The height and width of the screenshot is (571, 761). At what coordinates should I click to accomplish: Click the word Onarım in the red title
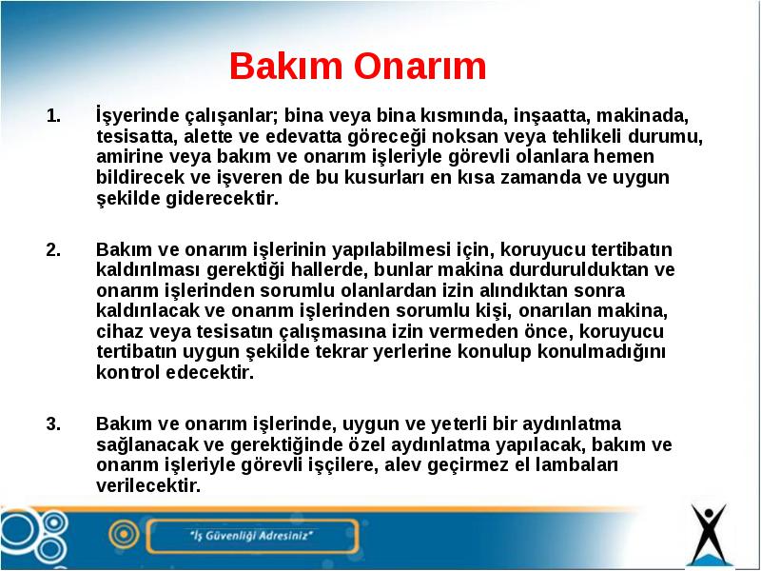coord(420,66)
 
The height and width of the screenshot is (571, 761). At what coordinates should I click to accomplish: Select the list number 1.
coord(53,116)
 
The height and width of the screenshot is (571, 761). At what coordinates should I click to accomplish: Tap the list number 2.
coord(53,249)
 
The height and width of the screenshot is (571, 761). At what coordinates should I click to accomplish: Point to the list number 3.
coord(53,423)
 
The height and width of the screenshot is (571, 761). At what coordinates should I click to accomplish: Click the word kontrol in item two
coord(128,373)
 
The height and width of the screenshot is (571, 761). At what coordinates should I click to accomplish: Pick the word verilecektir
coord(148,486)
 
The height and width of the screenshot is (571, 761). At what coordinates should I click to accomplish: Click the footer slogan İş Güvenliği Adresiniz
coord(251,536)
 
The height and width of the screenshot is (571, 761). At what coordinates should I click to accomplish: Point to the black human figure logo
coord(709,533)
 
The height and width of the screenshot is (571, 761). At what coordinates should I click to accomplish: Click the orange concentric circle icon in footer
coord(124,535)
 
